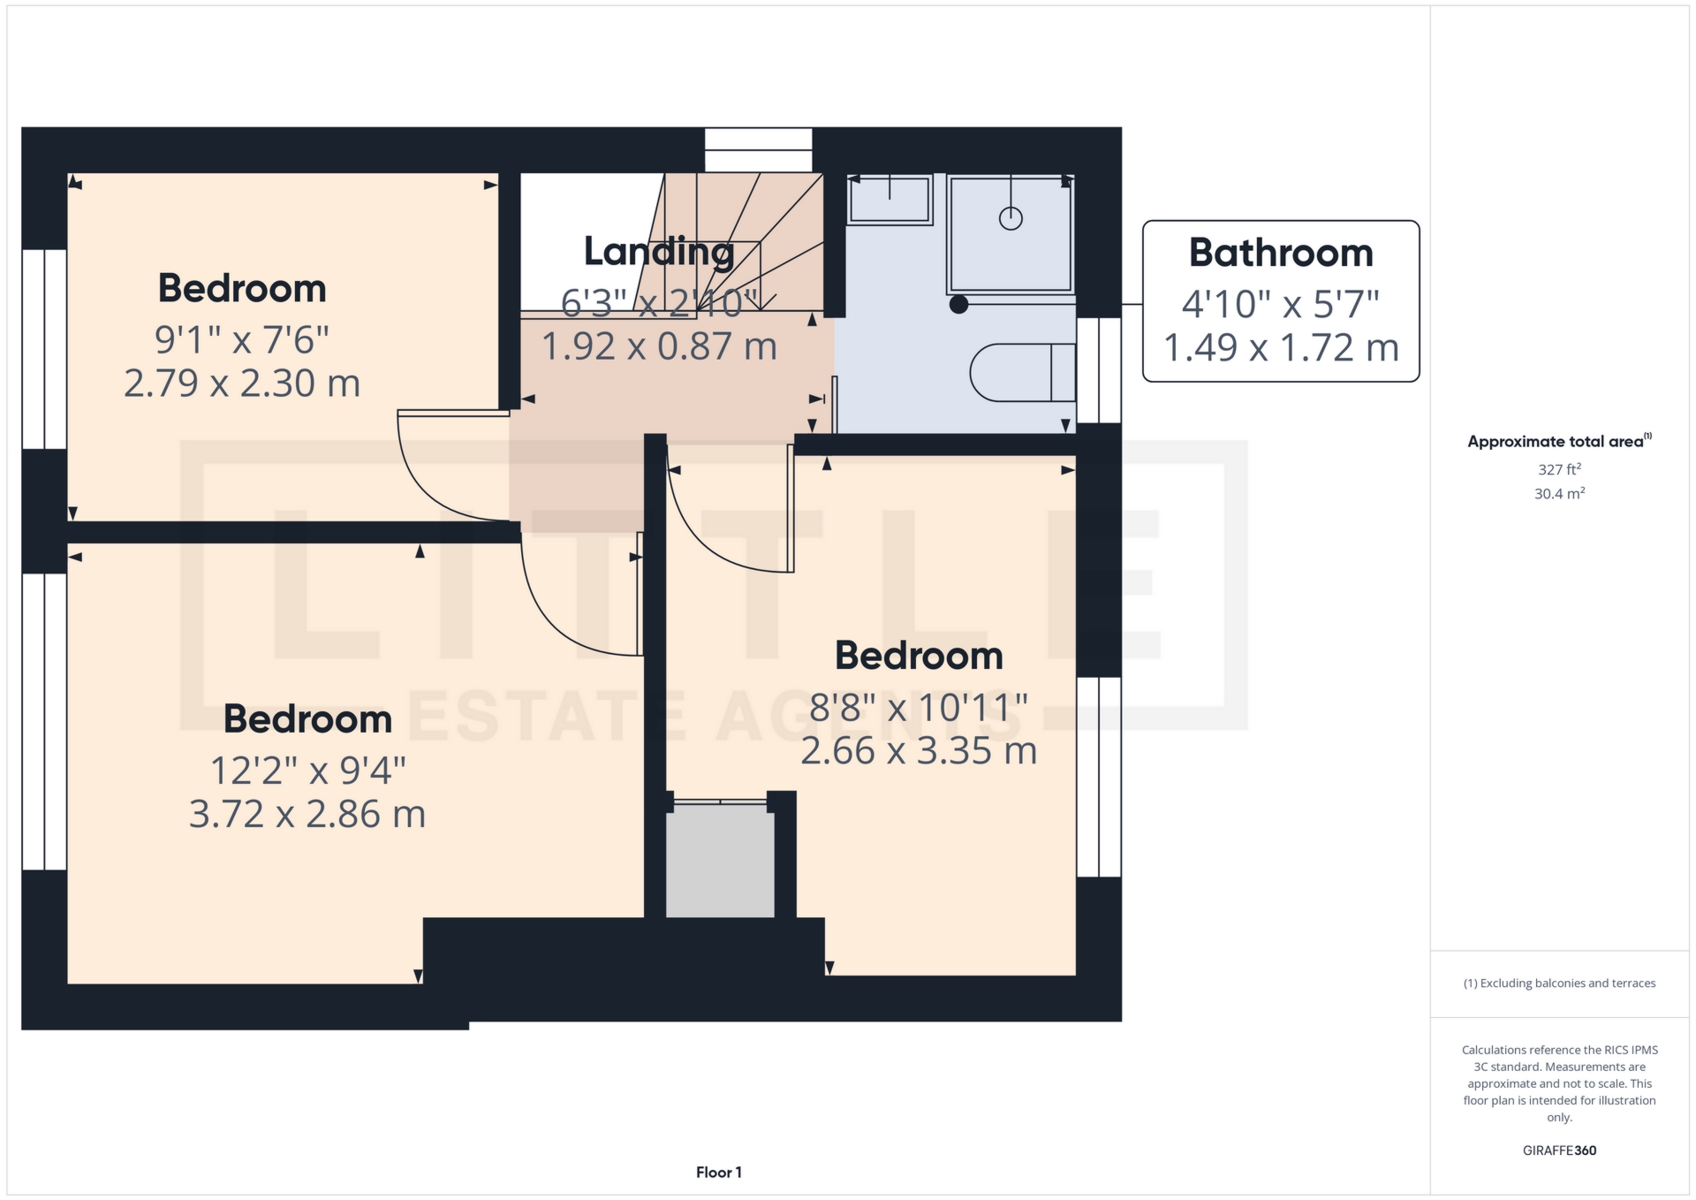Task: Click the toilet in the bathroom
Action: [x=1022, y=372]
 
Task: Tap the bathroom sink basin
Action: [x=889, y=200]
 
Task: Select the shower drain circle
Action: [x=1011, y=218]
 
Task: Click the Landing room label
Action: [x=659, y=252]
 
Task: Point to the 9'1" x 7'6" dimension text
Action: [x=242, y=339]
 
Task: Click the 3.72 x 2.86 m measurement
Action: [x=307, y=815]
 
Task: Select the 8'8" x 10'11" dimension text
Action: [x=919, y=708]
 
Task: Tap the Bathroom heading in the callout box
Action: [x=1281, y=254]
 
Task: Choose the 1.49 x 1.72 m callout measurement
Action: [x=1281, y=348]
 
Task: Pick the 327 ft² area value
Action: [x=1559, y=469]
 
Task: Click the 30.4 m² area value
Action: [x=1559, y=493]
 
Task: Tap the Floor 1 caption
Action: [x=719, y=1173]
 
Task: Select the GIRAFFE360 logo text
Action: [x=1559, y=1151]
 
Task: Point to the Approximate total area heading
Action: [x=1559, y=441]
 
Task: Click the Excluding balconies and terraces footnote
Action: [x=1559, y=984]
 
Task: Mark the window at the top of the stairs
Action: [x=758, y=150]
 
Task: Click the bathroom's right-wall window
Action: [x=1099, y=370]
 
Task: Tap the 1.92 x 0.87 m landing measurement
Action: [x=659, y=346]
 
